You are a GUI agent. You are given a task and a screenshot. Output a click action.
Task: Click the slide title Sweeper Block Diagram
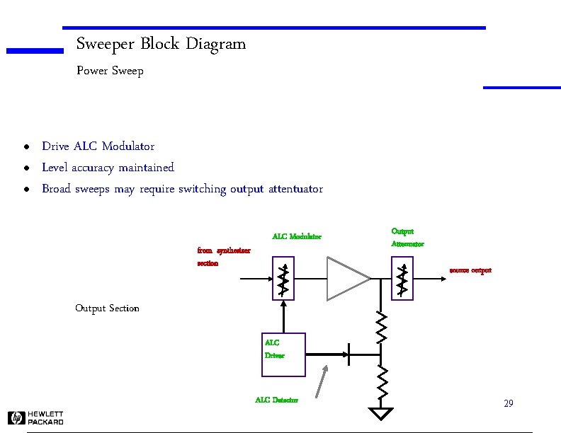click(161, 44)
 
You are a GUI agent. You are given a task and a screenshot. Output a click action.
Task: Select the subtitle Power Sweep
click(110, 71)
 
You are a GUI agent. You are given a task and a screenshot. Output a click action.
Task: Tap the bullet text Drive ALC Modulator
click(98, 146)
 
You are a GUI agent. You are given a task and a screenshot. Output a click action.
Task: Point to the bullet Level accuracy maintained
click(108, 168)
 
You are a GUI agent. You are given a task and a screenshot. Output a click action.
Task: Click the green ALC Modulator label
click(297, 236)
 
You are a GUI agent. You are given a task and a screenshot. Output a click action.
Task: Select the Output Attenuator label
click(407, 237)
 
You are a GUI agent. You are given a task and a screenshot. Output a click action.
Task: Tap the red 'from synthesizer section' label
click(222, 256)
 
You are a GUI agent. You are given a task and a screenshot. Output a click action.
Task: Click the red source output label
click(470, 270)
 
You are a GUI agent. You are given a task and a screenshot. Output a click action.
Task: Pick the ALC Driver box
click(283, 354)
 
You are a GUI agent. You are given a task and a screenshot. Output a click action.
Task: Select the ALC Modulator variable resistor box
click(283, 278)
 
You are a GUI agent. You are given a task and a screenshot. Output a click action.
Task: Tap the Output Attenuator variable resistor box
click(402, 278)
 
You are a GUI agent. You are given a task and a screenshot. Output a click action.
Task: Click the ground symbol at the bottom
click(381, 412)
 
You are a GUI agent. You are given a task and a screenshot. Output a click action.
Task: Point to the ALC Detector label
click(276, 400)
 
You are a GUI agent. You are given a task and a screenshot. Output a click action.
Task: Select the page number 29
click(508, 403)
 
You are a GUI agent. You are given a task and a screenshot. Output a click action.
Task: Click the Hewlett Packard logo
click(35, 417)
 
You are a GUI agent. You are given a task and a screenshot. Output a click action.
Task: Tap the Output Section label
click(107, 308)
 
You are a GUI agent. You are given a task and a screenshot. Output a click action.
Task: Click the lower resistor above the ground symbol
click(381, 382)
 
